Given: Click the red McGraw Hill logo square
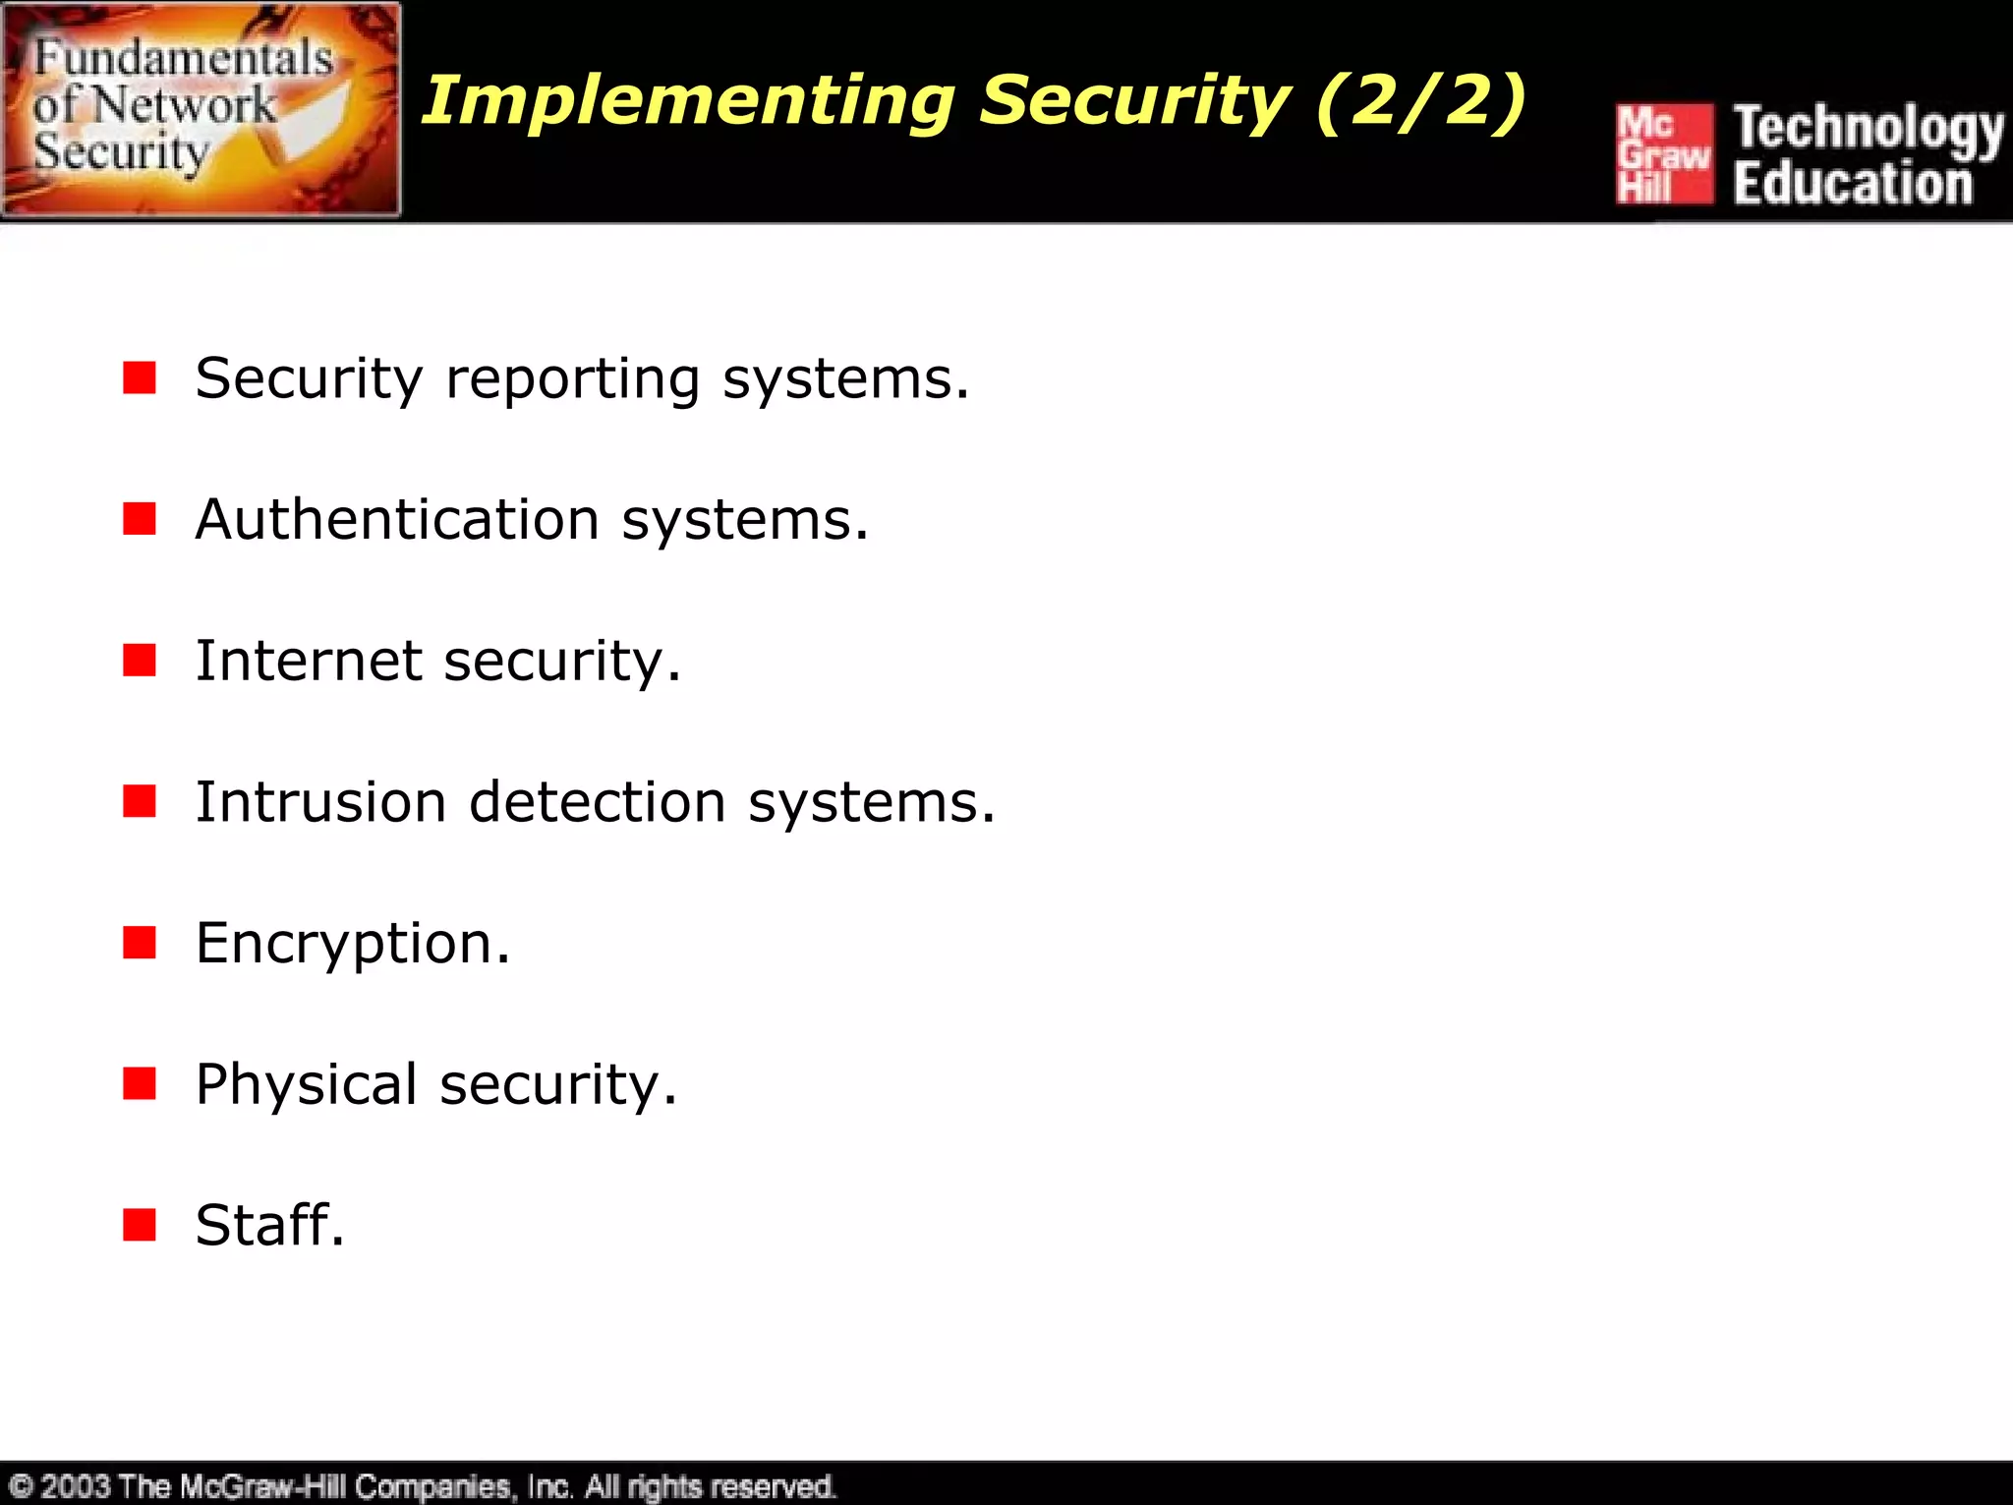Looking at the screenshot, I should (x=1664, y=154).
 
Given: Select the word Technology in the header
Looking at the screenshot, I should (x=1868, y=129).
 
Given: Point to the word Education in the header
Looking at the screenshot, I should (x=1853, y=184).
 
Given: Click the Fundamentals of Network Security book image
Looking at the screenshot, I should (x=201, y=109).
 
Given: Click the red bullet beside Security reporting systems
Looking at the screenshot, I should (x=140, y=377).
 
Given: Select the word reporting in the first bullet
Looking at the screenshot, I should (x=573, y=379).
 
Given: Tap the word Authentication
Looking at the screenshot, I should (x=397, y=519).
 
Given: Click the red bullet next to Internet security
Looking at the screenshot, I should (x=140, y=660).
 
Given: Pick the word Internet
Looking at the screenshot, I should (x=309, y=660).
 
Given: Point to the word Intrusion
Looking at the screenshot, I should (x=320, y=801).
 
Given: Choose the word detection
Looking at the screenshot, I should (x=598, y=801).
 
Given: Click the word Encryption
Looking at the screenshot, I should (x=344, y=944).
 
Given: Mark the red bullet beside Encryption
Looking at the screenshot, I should (x=140, y=942).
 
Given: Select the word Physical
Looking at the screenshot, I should (x=306, y=1084).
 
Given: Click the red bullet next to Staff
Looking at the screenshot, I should (x=140, y=1225).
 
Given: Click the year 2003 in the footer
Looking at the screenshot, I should (x=75, y=1485).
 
